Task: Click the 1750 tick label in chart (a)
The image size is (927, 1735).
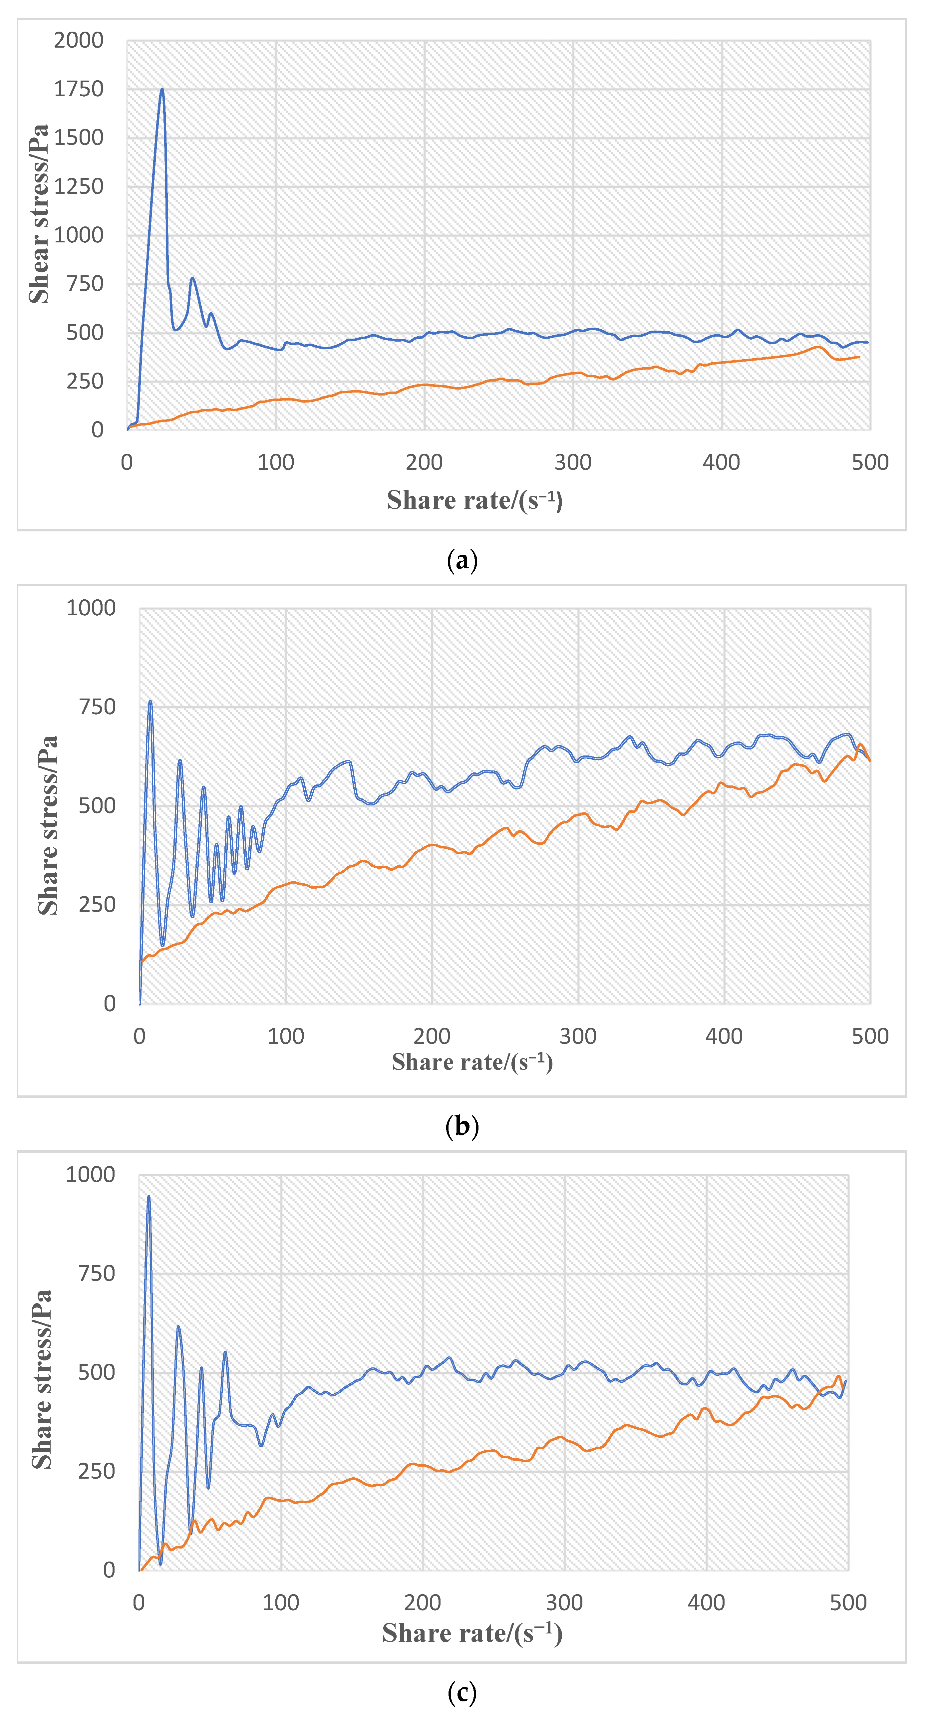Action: click(79, 89)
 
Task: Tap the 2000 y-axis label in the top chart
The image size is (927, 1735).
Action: click(79, 40)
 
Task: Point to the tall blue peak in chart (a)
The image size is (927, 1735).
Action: click(162, 90)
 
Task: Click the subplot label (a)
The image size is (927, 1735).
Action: click(462, 560)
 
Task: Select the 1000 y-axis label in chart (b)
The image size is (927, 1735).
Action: click(91, 608)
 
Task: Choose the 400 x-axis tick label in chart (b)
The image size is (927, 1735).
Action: click(724, 1036)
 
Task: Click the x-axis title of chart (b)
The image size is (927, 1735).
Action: click(472, 1062)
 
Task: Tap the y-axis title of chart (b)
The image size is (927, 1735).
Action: click(48, 825)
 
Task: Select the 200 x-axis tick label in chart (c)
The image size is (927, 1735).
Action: click(423, 1602)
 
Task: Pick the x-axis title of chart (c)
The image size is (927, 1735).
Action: click(472, 1633)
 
